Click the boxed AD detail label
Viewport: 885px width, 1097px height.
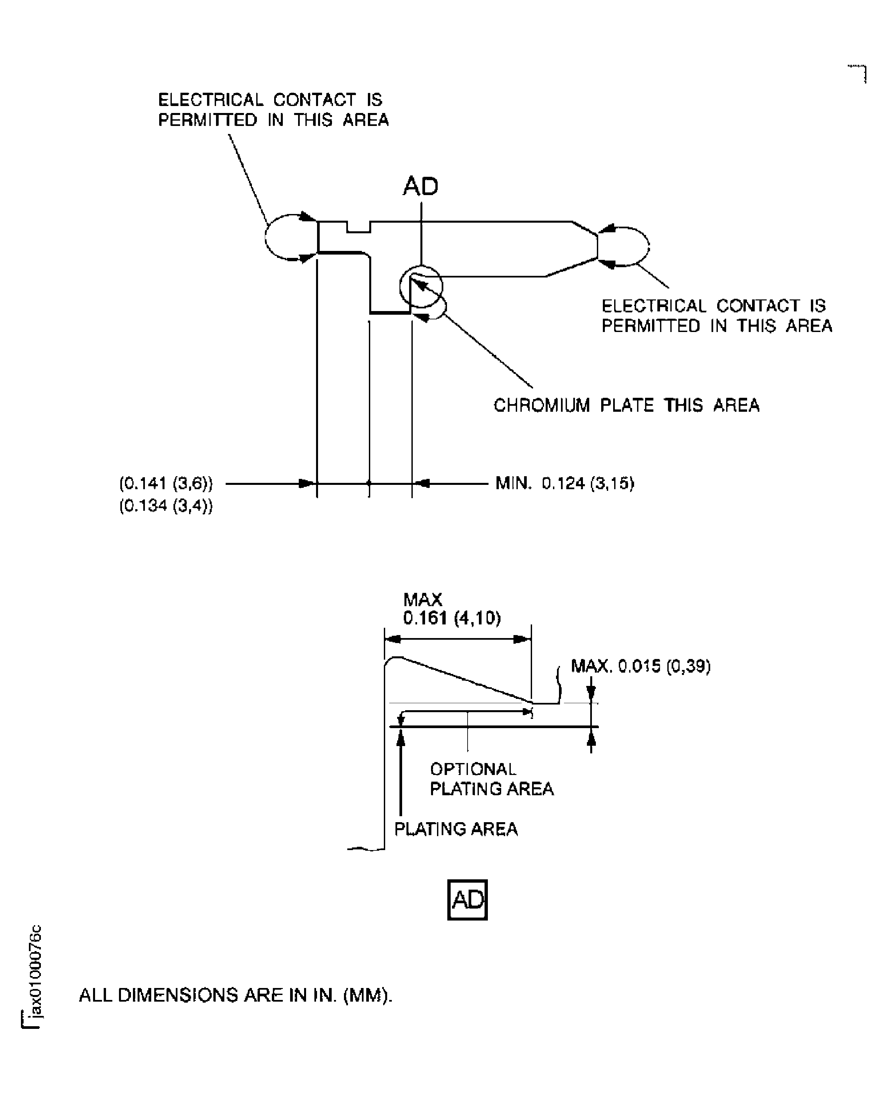(x=467, y=900)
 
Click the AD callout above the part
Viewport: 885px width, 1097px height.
(x=421, y=186)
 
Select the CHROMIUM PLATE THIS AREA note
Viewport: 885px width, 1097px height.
(x=626, y=405)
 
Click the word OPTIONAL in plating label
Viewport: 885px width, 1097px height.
(x=473, y=769)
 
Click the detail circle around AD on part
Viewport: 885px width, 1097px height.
(x=421, y=286)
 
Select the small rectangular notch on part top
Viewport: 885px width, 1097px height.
(x=358, y=227)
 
